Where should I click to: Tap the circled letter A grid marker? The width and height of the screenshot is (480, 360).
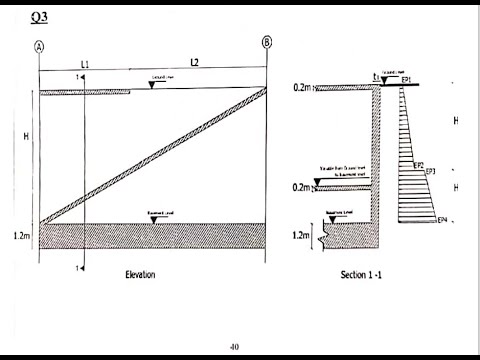pyautogui.click(x=39, y=46)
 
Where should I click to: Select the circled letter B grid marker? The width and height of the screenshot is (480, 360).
pyautogui.click(x=266, y=42)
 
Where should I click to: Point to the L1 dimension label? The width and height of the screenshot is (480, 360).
pyautogui.click(x=86, y=64)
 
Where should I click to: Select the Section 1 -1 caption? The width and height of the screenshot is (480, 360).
pyautogui.click(x=362, y=274)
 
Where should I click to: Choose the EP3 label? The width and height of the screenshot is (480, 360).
pyautogui.click(x=431, y=173)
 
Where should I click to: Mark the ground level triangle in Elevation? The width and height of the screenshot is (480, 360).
pyautogui.click(x=151, y=85)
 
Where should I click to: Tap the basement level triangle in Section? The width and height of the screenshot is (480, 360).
pyautogui.click(x=335, y=217)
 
